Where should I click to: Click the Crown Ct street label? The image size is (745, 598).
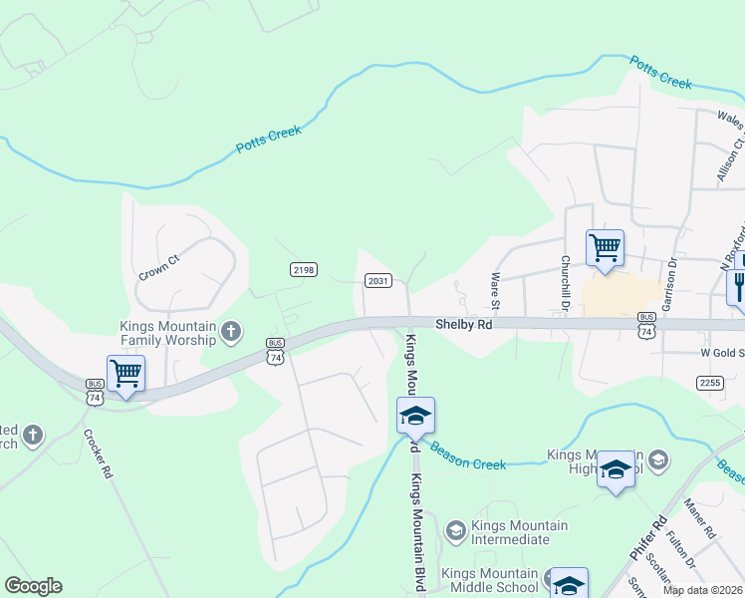pyautogui.click(x=159, y=266)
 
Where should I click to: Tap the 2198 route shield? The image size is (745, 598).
pyautogui.click(x=304, y=269)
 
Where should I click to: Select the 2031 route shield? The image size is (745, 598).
pyautogui.click(x=377, y=281)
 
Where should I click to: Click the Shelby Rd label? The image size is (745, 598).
pyautogui.click(x=464, y=324)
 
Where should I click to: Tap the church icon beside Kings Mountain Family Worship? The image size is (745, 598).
pyautogui.click(x=231, y=331)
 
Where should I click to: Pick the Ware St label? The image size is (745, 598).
pyautogui.click(x=494, y=291)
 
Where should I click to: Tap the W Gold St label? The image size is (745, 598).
pyautogui.click(x=718, y=353)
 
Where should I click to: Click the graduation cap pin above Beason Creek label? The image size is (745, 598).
pyautogui.click(x=415, y=416)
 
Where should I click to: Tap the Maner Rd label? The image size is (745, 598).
pyautogui.click(x=701, y=519)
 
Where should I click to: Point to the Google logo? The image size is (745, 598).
pyautogui.click(x=33, y=586)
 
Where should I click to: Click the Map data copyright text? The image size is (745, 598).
pyautogui.click(x=703, y=590)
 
